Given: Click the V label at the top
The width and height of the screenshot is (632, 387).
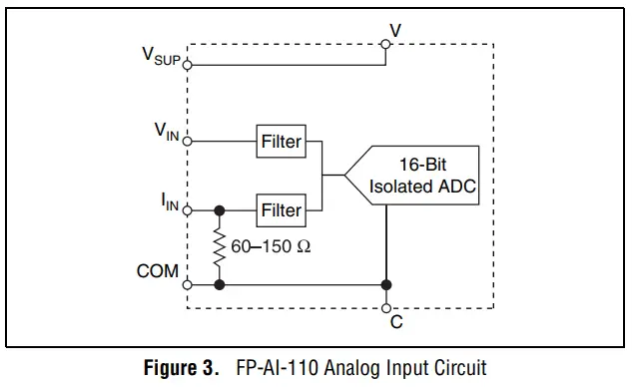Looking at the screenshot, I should point(396,30).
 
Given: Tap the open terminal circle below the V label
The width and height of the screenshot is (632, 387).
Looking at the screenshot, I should point(385,44).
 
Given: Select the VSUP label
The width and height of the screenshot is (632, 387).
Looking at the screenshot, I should point(160,58).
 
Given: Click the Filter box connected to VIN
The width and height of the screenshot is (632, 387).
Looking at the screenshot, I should point(281,141).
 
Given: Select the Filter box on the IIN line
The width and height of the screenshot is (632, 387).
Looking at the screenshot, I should point(281,210).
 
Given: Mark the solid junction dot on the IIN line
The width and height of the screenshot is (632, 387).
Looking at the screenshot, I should point(219,210).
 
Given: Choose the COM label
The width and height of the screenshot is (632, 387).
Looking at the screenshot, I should point(158,270).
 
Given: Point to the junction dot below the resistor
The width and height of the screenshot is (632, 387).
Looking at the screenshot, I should point(219,284).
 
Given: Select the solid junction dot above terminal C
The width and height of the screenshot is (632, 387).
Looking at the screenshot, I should point(385,284).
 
